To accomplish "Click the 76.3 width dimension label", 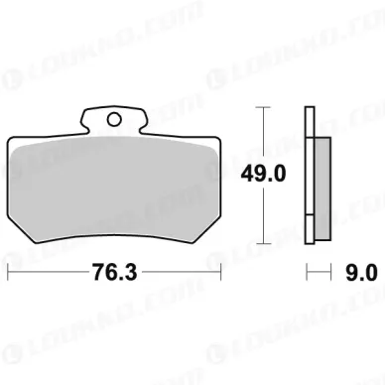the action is click(114, 272).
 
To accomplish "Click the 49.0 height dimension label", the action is click(263, 174).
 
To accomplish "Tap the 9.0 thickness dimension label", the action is click(361, 273).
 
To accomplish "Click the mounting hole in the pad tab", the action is click(114, 119).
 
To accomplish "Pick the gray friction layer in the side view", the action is click(322, 189).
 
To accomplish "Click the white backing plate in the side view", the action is click(310, 176).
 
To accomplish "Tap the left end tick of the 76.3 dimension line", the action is click(8, 272).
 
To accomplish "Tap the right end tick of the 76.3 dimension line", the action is click(220, 272).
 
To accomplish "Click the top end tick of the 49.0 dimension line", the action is click(263, 107).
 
